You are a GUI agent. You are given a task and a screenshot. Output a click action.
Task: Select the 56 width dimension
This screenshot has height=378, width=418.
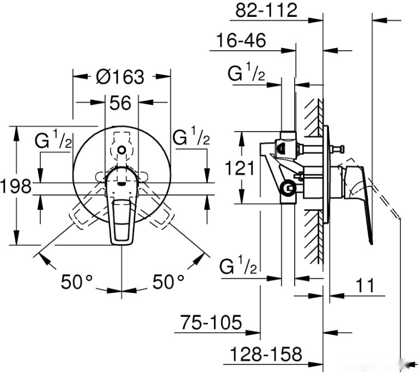click(x=121, y=102)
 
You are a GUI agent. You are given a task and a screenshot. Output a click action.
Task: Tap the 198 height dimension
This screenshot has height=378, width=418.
click(x=15, y=187)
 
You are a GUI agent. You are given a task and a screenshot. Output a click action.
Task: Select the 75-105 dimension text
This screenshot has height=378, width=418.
click(x=211, y=322)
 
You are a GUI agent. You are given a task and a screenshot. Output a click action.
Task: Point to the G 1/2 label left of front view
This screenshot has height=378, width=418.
click(x=53, y=140)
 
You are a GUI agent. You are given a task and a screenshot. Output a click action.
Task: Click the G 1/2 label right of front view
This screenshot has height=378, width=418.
click(x=192, y=137)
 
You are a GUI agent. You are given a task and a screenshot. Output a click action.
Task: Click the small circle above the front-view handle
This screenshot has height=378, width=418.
click(x=122, y=150)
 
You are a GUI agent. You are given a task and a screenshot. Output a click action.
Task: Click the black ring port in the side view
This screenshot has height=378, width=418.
click(x=287, y=188)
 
